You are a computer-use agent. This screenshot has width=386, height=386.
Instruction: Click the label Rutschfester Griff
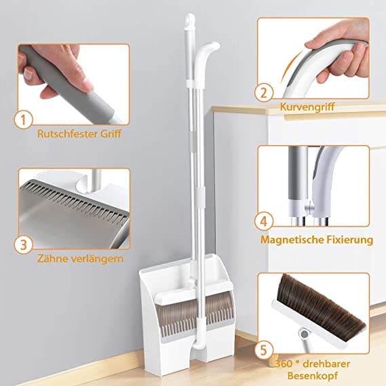point(80,134)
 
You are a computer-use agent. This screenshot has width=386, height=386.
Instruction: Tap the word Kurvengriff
point(306,107)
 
